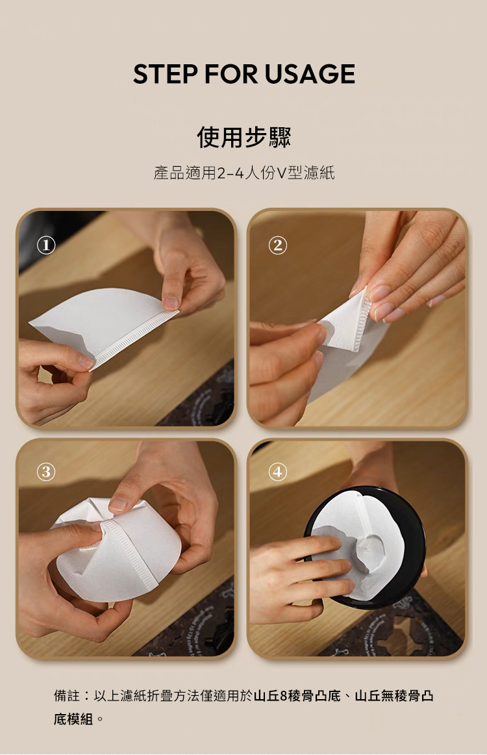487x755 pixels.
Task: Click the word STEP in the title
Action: (x=165, y=73)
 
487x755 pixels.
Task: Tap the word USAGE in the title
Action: (x=309, y=73)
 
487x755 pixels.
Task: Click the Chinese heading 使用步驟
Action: (x=243, y=137)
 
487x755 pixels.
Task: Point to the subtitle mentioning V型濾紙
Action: (x=243, y=173)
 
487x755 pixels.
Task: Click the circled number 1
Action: (x=45, y=245)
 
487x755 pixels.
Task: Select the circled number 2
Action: (x=277, y=245)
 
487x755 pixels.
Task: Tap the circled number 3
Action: (x=45, y=472)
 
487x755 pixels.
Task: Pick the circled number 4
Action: (x=277, y=472)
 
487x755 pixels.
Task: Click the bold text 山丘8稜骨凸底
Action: (x=297, y=696)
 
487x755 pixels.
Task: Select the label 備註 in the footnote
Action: (x=67, y=696)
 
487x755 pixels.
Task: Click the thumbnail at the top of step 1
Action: (x=171, y=303)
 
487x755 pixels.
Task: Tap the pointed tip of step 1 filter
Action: (x=30, y=323)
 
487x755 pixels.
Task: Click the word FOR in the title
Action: (x=231, y=73)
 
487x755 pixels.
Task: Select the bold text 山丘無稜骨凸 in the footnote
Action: (x=394, y=696)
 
